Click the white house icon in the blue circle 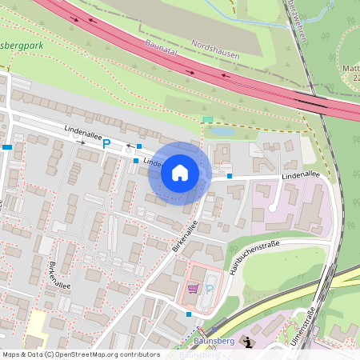[179, 172]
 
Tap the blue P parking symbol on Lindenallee [106, 144]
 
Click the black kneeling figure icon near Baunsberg [247, 342]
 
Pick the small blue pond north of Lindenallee [219, 131]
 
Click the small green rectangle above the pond [208, 120]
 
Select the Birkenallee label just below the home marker [185, 237]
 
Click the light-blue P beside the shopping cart [209, 288]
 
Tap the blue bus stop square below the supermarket [189, 314]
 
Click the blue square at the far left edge [7, 147]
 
